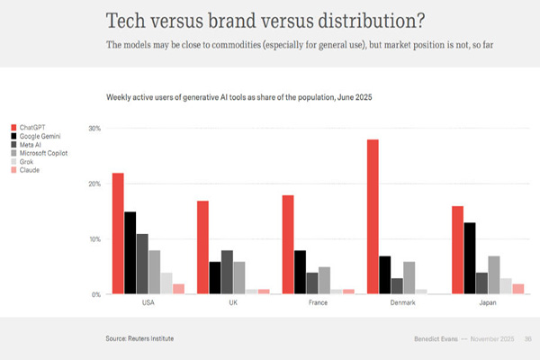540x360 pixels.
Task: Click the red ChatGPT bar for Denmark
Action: tap(373, 217)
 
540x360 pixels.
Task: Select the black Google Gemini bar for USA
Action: tap(130, 253)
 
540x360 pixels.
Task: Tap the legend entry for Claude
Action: tap(29, 169)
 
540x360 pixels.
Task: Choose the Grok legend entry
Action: tap(27, 161)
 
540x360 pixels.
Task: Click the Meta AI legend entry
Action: tap(31, 144)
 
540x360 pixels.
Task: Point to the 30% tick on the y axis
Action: tap(94, 129)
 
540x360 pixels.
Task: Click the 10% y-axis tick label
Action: tap(94, 239)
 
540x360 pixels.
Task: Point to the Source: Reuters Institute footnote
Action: tap(140, 338)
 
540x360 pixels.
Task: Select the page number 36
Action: tap(528, 338)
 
